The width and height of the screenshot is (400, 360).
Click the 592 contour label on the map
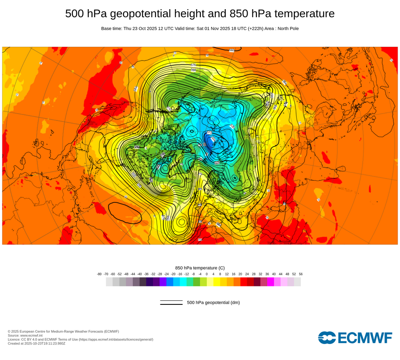232,50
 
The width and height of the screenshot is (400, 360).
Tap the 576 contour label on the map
194,65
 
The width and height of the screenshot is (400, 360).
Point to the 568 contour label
194,70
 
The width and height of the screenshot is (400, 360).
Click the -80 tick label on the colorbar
99,274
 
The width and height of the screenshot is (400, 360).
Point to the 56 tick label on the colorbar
300,274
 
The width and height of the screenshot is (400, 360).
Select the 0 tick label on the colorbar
207,274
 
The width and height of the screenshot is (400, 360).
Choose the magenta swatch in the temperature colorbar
270,282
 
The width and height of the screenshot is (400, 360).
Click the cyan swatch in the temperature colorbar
183,282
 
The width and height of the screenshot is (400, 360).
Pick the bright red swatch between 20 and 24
244,282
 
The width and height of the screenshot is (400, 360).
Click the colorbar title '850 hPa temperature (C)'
200,268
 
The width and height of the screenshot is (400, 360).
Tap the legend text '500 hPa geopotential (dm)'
213,302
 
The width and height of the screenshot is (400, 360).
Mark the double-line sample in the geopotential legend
171,302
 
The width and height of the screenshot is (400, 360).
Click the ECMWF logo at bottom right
355,338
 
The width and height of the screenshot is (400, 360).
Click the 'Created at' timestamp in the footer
36,343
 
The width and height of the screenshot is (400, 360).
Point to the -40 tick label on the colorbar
140,274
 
